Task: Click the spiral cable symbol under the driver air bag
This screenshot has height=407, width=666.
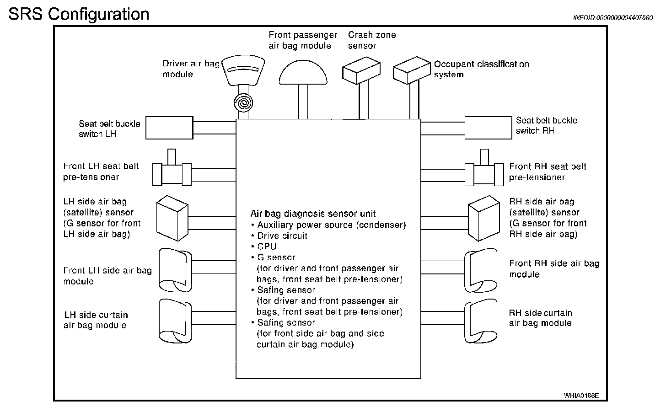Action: [x=243, y=103]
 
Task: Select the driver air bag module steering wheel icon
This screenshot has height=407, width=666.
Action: [x=243, y=70]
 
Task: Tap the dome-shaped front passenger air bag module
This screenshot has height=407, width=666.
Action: [x=303, y=72]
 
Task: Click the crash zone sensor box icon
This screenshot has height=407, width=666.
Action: [x=361, y=70]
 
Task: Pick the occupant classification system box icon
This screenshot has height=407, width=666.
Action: [x=412, y=70]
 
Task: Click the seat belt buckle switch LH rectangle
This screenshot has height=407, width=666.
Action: [x=169, y=128]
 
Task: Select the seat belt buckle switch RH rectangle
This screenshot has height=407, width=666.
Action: [x=488, y=128]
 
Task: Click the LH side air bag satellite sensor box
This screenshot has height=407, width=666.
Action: [x=172, y=218]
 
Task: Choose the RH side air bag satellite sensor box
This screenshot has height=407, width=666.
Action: [x=484, y=218]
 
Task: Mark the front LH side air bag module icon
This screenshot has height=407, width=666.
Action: [x=175, y=270]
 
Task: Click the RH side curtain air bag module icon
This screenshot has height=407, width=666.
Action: [x=481, y=321]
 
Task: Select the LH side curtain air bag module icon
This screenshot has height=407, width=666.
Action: [x=175, y=321]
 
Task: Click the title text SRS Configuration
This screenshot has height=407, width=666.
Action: [x=79, y=14]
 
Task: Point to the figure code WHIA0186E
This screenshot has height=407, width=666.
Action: [x=581, y=396]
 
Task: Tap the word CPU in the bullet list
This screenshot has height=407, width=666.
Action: [x=267, y=246]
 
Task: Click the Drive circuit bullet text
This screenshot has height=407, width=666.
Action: [x=282, y=236]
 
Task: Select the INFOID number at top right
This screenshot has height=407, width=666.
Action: [x=613, y=17]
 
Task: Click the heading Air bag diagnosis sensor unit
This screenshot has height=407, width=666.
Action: [x=313, y=214]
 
